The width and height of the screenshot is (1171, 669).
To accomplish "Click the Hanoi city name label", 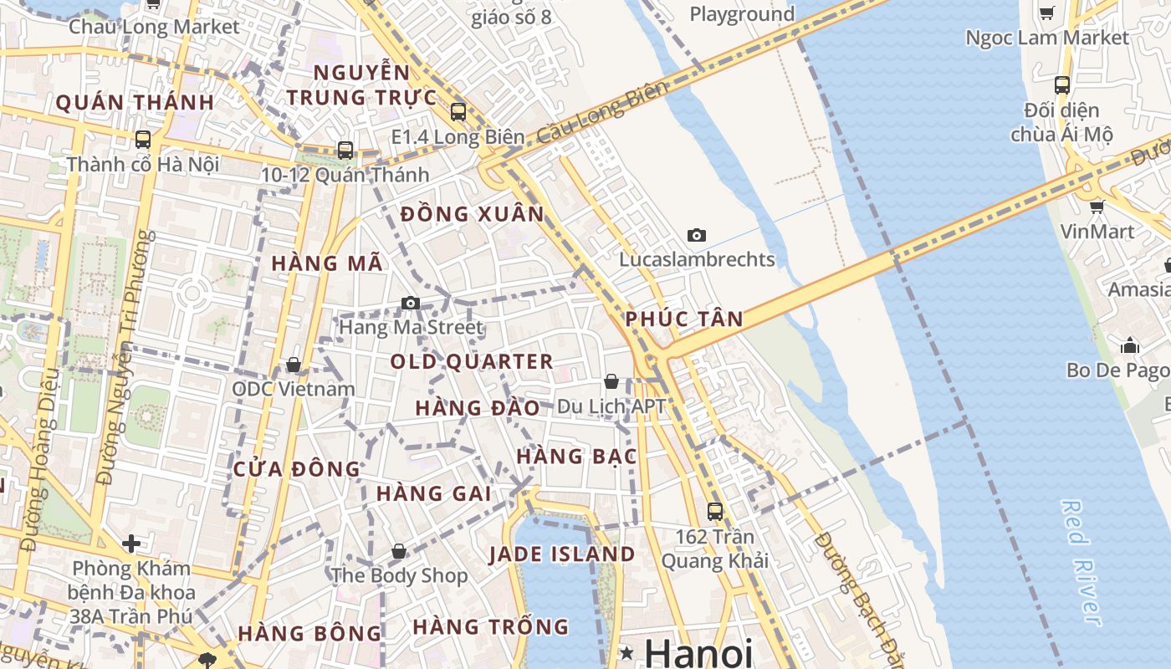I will [x=698, y=652].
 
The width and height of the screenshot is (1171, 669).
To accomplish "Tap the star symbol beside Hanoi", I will [x=627, y=651].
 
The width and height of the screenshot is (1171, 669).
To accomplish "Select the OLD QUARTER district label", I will [x=472, y=361].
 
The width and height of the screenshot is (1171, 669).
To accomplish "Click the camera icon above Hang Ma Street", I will [x=410, y=303].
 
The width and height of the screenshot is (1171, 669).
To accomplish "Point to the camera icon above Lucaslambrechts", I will [x=696, y=236].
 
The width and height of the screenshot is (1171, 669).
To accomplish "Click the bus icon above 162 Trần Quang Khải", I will [x=714, y=511].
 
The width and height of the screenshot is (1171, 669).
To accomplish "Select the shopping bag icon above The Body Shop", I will [x=399, y=551].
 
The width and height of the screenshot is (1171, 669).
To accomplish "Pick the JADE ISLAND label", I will [x=561, y=554].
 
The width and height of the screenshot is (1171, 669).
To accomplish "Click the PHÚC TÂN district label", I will [x=684, y=319].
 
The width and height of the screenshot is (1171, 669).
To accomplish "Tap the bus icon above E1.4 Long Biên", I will [x=458, y=111].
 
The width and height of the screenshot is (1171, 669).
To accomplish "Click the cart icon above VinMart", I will [x=1097, y=206].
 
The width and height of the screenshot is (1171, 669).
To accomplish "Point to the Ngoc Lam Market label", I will [x=1046, y=38].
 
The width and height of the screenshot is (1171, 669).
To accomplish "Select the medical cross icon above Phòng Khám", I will [x=131, y=544].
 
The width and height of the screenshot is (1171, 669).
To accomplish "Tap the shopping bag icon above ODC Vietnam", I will [x=293, y=365].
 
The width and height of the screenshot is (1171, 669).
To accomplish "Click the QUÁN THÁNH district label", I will [x=135, y=103].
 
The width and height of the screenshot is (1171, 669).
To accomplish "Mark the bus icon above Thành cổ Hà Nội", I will [x=143, y=139].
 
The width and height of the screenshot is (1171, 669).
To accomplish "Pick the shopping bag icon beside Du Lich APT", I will [x=611, y=381].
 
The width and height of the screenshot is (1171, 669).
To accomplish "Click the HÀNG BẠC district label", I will [x=576, y=457].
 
